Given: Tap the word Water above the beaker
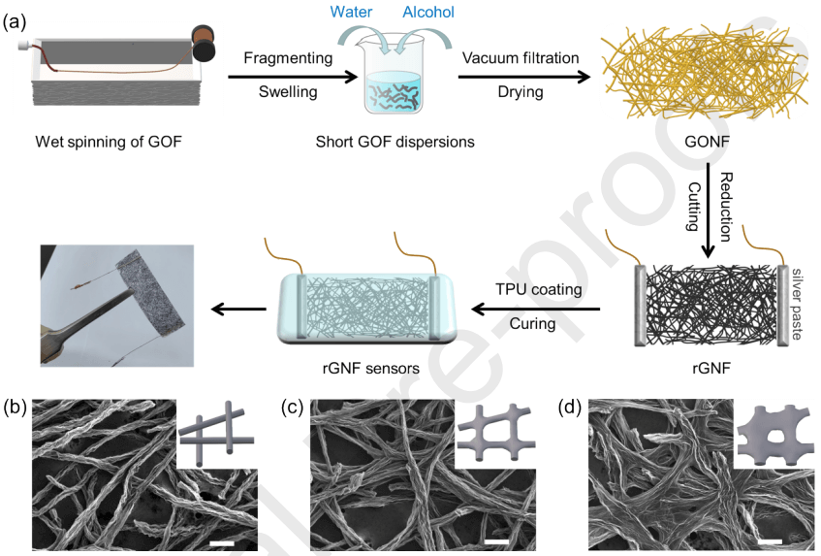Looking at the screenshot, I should coord(354,12).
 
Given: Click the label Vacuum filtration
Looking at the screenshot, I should coord(521,58).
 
